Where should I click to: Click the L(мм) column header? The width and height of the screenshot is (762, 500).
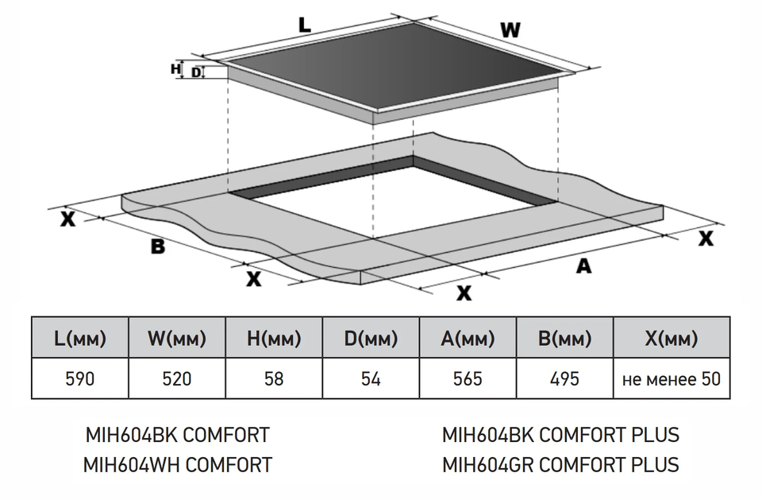(80, 339)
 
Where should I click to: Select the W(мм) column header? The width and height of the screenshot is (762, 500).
(177, 339)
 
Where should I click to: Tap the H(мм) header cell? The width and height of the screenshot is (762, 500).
(274, 339)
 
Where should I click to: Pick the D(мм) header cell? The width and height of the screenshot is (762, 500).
(371, 339)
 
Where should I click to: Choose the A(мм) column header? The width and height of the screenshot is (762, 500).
(468, 339)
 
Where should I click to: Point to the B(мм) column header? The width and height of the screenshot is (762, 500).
(564, 339)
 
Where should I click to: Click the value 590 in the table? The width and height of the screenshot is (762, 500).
(80, 378)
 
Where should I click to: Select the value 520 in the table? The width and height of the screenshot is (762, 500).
(177, 378)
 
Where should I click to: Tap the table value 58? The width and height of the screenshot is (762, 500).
(274, 378)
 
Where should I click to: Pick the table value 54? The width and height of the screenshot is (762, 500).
(371, 378)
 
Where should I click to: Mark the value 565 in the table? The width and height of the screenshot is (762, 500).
(468, 378)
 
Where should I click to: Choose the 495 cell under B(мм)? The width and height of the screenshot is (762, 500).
(564, 378)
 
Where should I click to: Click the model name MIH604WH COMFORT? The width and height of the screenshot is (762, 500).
(177, 465)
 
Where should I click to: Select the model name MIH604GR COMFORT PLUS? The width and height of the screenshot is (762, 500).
(560, 465)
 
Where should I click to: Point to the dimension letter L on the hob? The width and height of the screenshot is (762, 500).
(304, 24)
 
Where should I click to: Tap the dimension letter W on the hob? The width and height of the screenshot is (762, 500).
(510, 30)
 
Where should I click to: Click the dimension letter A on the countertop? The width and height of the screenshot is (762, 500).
(583, 266)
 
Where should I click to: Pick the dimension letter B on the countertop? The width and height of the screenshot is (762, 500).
(158, 246)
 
